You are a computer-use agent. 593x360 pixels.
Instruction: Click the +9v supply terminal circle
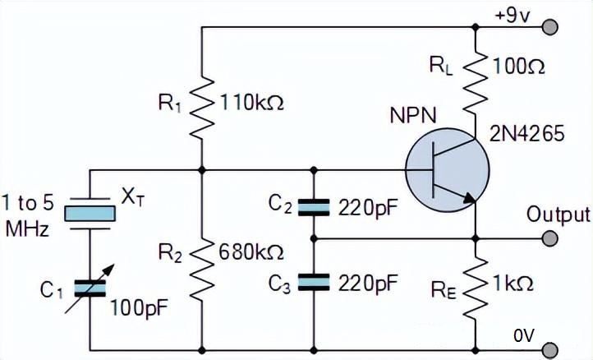point(549,27)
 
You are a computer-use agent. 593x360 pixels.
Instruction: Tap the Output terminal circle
point(549,238)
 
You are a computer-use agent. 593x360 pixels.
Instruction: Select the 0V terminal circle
point(549,349)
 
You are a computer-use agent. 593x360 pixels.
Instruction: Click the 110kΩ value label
point(251,103)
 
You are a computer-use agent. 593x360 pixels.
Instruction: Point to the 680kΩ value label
point(251,252)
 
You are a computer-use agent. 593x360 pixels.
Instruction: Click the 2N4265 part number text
point(526,134)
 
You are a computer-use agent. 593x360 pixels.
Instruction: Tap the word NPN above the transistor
point(413,115)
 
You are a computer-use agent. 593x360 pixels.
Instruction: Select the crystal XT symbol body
point(90,214)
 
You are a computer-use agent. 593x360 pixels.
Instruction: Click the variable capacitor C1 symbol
point(90,288)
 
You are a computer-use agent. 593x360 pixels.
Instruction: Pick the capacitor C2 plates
point(314,207)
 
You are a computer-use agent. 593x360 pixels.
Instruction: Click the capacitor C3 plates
point(314,283)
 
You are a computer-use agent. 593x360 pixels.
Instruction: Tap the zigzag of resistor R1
point(201,107)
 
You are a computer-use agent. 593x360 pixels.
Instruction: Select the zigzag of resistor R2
point(201,269)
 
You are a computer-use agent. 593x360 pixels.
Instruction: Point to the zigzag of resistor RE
point(476,288)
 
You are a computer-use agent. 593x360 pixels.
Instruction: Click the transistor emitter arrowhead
point(469,198)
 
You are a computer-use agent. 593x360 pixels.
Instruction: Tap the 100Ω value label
point(518,67)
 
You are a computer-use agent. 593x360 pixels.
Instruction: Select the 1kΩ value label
point(513,284)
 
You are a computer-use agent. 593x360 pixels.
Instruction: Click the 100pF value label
point(139,308)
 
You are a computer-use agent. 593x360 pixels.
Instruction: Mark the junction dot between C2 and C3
point(314,238)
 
